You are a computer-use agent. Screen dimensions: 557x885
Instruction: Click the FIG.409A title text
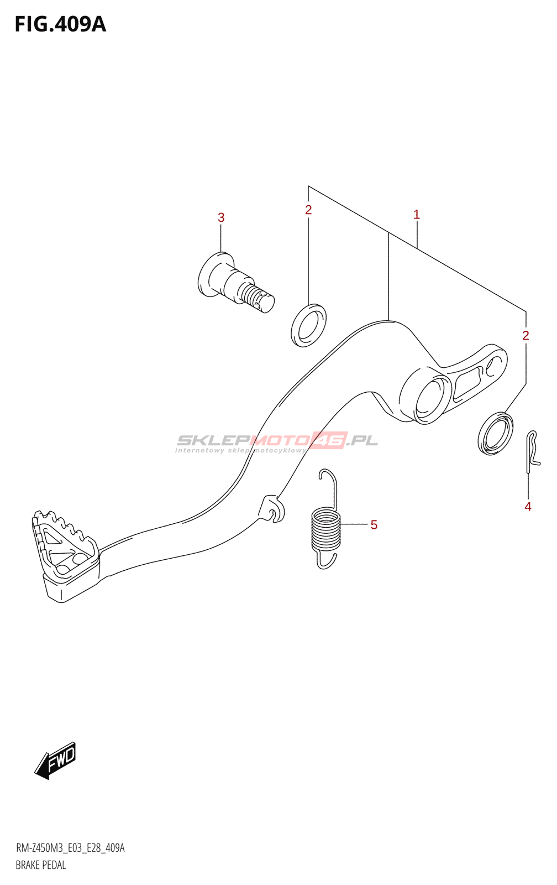(x=60, y=24)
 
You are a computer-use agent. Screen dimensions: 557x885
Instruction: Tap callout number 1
(x=417, y=215)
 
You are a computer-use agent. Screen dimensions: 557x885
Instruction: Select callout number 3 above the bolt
(x=221, y=217)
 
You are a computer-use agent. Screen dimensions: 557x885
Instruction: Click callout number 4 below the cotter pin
(x=528, y=507)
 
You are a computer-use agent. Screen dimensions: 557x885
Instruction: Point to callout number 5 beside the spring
(x=374, y=525)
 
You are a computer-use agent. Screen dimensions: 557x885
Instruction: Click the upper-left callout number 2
(x=308, y=210)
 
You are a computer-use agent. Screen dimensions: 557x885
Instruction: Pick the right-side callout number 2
(x=526, y=335)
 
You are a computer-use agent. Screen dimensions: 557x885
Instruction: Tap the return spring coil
(x=326, y=530)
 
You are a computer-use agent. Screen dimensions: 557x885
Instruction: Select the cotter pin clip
(x=532, y=450)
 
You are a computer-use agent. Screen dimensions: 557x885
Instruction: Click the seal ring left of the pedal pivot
(x=308, y=325)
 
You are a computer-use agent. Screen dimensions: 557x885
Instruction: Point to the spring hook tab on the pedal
(x=272, y=508)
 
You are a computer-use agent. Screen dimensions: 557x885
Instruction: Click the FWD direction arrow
(x=55, y=761)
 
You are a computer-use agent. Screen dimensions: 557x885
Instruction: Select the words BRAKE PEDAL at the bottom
(x=41, y=865)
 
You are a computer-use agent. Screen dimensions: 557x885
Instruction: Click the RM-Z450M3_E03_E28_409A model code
(x=70, y=848)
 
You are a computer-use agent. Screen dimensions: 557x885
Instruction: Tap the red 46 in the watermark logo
(x=329, y=440)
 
